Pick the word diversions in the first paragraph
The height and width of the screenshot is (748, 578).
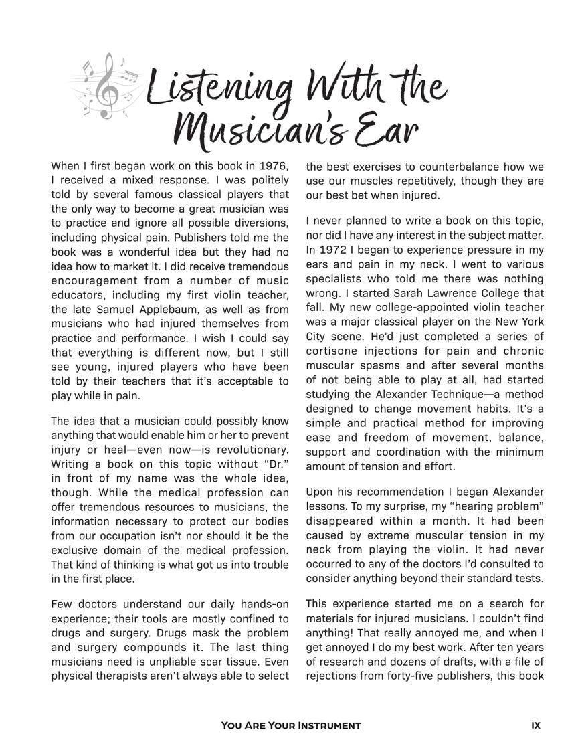click(x=257, y=223)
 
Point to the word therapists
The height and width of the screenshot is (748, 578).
click(x=127, y=676)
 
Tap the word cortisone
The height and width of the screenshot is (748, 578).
click(x=333, y=351)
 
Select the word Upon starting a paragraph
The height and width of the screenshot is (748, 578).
click(x=320, y=492)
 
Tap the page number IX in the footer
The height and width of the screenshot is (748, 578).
click(x=535, y=726)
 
